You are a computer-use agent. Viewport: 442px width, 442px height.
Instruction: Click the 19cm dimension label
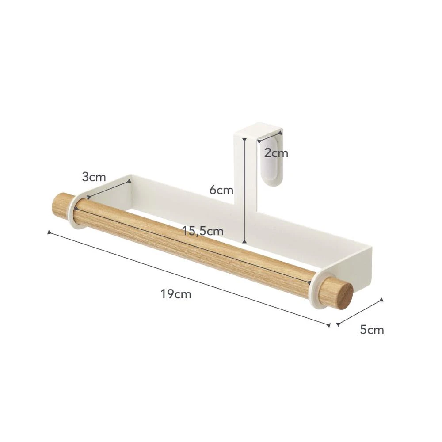[x=176, y=294]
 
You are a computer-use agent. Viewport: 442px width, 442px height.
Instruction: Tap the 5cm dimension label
[x=372, y=330]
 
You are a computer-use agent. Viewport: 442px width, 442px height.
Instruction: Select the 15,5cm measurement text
[x=203, y=231]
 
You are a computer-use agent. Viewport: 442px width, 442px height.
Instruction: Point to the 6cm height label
[x=221, y=190]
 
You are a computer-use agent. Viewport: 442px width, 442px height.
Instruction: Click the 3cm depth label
[x=94, y=177]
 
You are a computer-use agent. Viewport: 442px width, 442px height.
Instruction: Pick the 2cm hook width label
[x=276, y=153]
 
